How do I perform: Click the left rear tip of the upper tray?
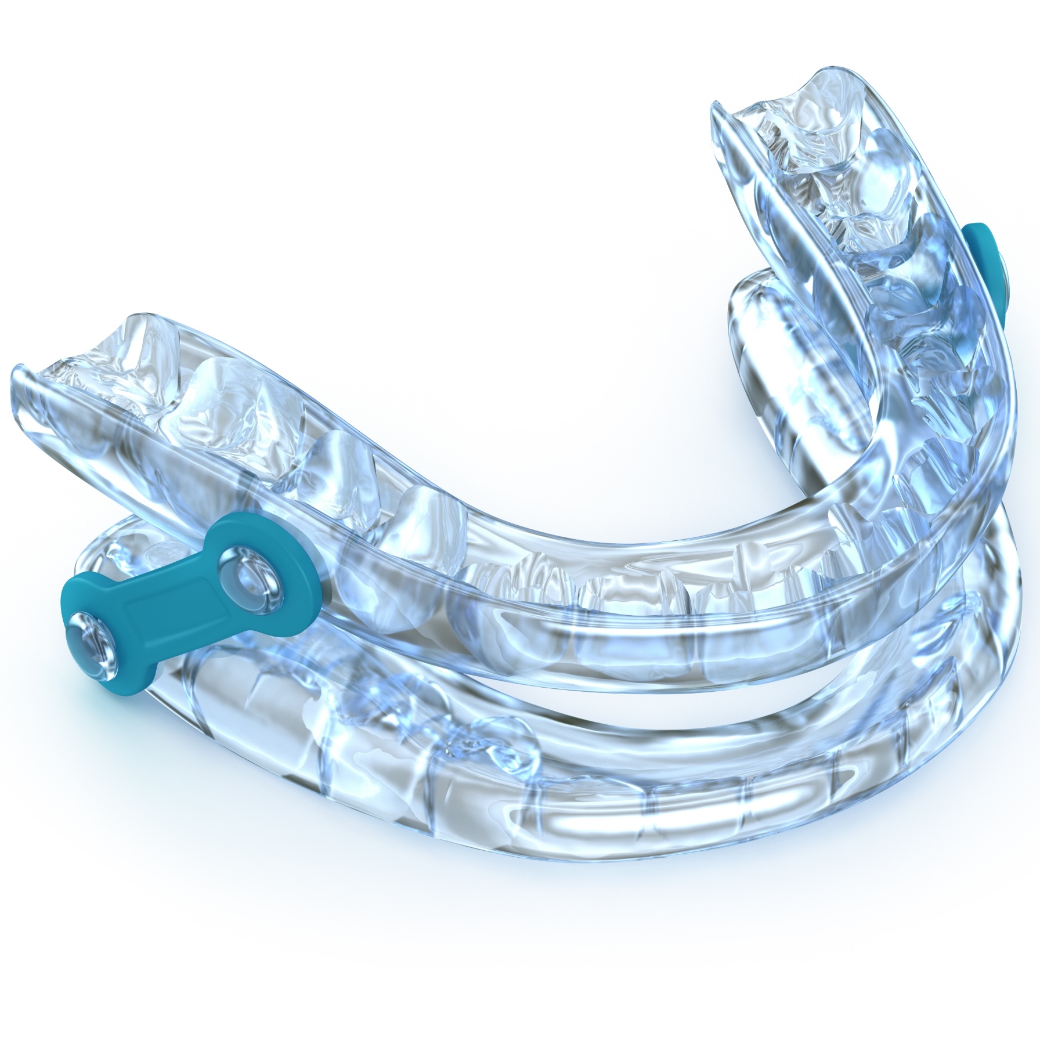click(23, 383)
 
